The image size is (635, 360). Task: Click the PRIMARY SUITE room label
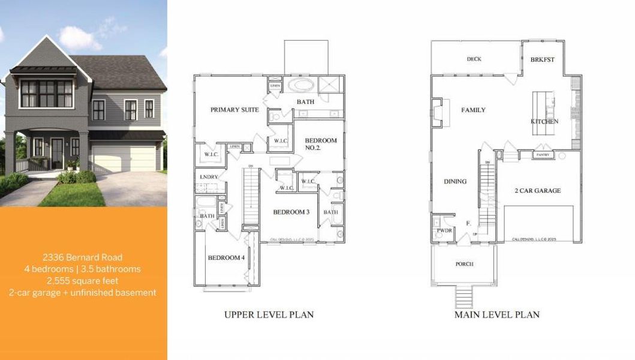pos(234,110)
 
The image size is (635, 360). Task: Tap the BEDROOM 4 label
pos(226,258)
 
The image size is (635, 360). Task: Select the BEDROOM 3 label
pos(291,212)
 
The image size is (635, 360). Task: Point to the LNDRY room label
pos(208,177)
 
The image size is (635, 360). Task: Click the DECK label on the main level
pos(474,59)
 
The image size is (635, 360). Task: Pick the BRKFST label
pos(542,59)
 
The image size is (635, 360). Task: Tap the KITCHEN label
pos(544,121)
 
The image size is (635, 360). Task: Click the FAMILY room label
pos(473,110)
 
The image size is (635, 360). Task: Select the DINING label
pos(455,181)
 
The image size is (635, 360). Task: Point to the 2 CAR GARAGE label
pos(538,190)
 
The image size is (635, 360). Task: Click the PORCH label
pos(464,264)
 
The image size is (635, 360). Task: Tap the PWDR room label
pos(444,230)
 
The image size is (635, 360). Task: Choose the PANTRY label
pos(543,155)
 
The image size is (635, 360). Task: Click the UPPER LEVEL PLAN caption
pos(269,314)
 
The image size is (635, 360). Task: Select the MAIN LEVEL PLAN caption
pos(496,314)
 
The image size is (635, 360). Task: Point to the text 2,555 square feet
pos(83,280)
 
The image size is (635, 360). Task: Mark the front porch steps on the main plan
pos(464,296)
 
